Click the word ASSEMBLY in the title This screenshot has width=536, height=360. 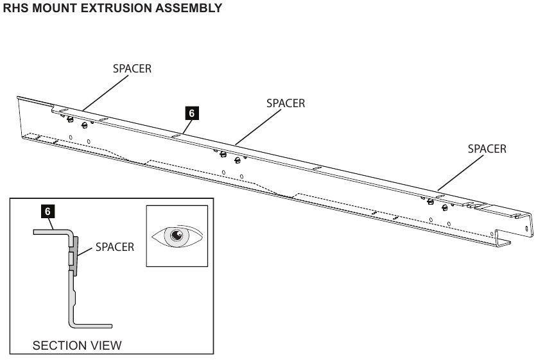188,8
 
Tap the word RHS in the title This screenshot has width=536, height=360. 15,8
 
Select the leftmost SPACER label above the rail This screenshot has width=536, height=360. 132,69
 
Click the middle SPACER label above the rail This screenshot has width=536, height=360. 286,103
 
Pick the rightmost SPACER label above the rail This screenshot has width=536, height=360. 487,149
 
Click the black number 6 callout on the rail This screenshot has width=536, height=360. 191,113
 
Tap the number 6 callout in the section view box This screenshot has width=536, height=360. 48,212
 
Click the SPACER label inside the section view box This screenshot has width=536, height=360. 114,247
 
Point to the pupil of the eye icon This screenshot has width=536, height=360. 177,235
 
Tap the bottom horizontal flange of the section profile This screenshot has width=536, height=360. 92,326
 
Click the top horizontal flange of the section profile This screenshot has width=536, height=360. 51,232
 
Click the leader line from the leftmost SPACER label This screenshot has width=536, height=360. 105,93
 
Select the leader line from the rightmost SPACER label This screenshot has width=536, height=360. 461,173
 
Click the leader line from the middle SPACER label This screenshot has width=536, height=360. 258,127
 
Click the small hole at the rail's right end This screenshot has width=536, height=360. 526,228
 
